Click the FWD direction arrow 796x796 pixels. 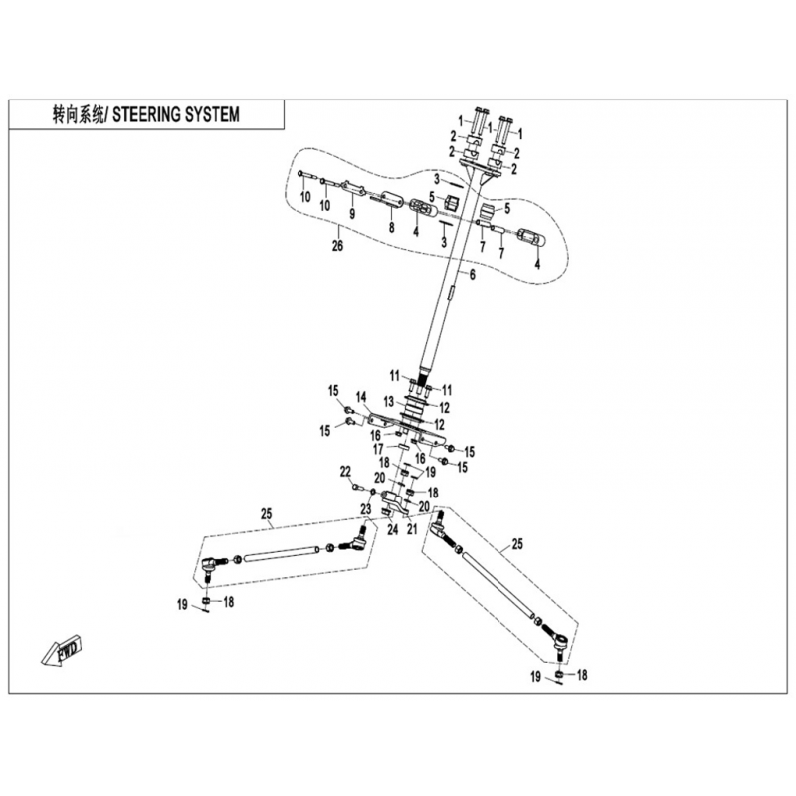coord(61,651)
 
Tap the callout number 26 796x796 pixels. coord(337,246)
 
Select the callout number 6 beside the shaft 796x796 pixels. coord(472,275)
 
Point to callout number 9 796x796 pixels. coord(352,214)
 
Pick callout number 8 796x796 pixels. coord(391,227)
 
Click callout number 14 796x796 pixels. coord(361,397)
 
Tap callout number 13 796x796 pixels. coord(389,402)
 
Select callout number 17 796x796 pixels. coord(378,449)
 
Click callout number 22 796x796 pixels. coord(345,472)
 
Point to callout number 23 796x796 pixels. coord(366,509)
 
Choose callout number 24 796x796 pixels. coord(392,530)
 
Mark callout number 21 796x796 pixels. coord(412,529)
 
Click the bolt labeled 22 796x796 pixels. coord(358,488)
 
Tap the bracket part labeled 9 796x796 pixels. coord(353,190)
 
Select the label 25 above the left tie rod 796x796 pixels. coord(267,513)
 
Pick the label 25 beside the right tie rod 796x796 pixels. coord(516,544)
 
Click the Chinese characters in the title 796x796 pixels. coord(78,115)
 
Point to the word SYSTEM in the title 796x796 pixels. coord(211,115)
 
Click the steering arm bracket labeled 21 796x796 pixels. coord(394,501)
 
